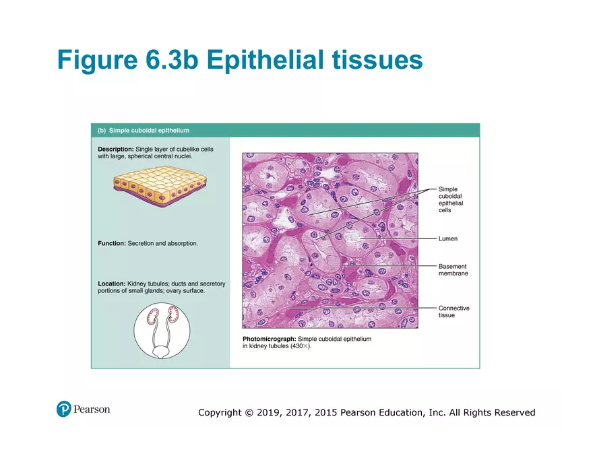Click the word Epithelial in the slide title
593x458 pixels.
262,60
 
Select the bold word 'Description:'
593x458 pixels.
116,149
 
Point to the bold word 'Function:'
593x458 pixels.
112,243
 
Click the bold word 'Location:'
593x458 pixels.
112,284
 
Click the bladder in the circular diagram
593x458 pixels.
162,351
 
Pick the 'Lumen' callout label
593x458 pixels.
447,239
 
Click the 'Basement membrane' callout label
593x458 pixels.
453,270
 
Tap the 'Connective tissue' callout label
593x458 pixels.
454,312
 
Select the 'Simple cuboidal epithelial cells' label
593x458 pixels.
451,200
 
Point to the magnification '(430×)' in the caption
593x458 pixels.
301,346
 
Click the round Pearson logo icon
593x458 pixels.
64,409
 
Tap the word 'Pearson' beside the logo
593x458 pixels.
92,409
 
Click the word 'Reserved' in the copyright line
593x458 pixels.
515,412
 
